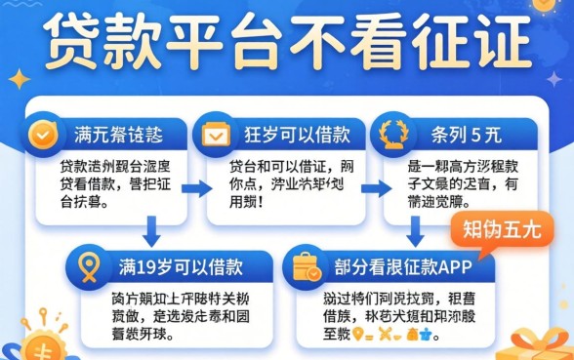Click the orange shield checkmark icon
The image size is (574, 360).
click(x=41, y=134)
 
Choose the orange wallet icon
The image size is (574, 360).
click(x=307, y=267)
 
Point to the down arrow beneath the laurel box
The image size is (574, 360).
click(x=417, y=231)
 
